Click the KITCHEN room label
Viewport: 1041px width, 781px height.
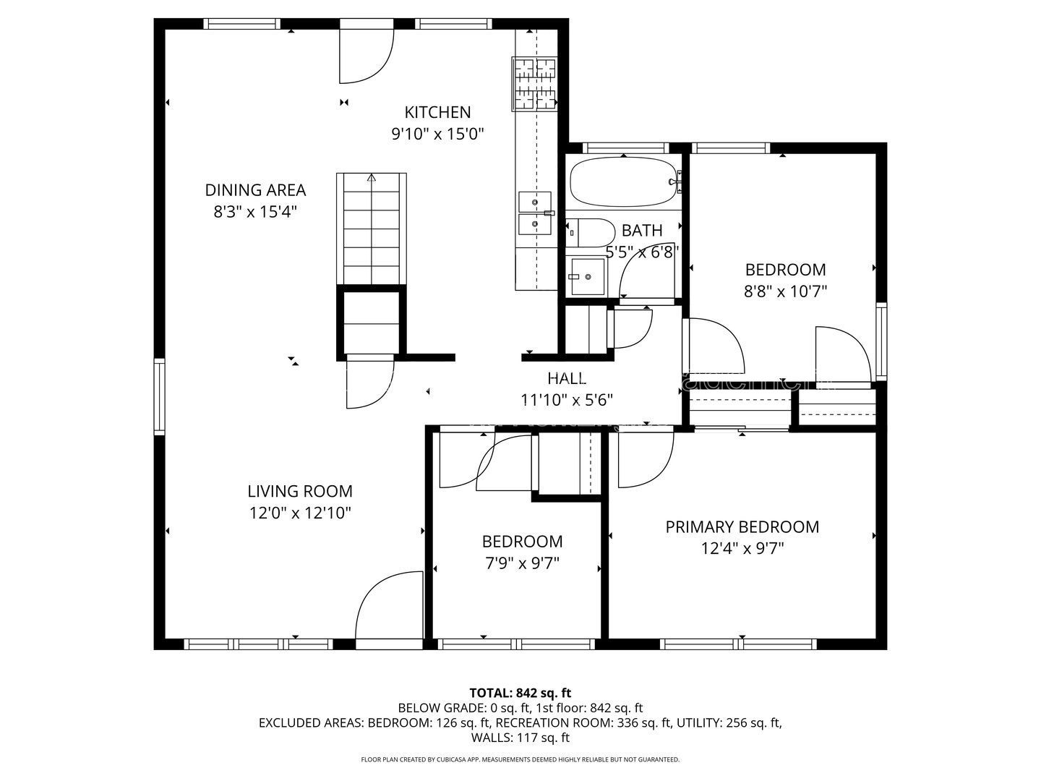coord(437,112)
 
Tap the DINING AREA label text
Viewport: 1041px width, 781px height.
coord(255,190)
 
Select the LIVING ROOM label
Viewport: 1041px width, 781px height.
coord(300,491)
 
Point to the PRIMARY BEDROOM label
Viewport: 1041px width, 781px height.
coord(742,527)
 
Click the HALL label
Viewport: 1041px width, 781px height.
coord(567,378)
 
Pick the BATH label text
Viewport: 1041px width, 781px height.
coord(642,231)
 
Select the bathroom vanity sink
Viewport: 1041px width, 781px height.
coord(587,276)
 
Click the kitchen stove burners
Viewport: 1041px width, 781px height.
coord(535,84)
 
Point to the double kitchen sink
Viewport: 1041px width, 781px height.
coord(536,213)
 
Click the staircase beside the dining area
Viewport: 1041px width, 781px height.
coord(372,229)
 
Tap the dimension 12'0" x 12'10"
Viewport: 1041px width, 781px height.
coord(300,513)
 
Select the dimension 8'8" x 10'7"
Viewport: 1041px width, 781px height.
coord(785,291)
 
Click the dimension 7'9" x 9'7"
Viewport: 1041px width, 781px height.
coord(522,563)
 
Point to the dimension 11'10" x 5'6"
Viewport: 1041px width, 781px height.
coord(567,400)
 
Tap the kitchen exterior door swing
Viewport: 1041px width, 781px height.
coord(367,56)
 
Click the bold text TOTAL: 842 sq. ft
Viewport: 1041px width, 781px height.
coord(520,693)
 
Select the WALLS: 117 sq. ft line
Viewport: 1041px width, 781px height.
coord(520,738)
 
